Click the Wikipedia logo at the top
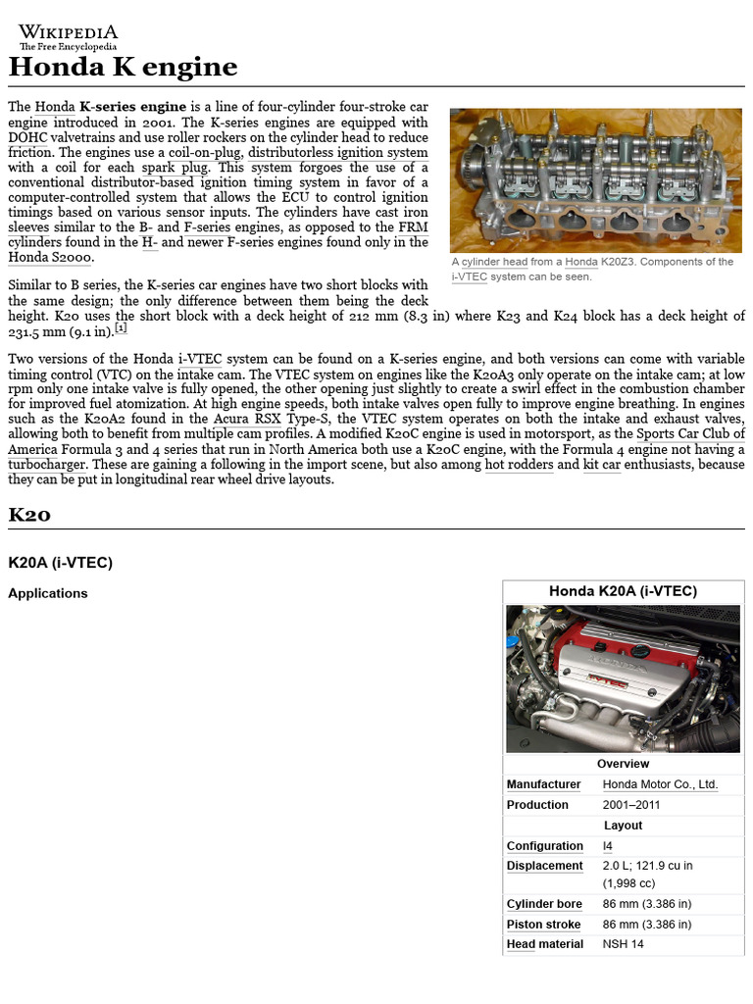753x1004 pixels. pos(68,36)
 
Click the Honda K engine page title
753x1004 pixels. pos(123,68)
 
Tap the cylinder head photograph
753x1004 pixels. pos(595,180)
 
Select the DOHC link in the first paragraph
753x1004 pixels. pos(27,138)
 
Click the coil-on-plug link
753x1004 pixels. pos(204,153)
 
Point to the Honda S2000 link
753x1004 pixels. pos(50,258)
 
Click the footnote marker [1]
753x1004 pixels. pos(121,328)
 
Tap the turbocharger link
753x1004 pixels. pos(46,465)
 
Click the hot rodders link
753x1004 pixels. pos(519,465)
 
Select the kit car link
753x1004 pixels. pos(602,465)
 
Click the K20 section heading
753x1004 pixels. pos(29,515)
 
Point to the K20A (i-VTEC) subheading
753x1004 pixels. pos(61,563)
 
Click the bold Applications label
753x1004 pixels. pos(48,593)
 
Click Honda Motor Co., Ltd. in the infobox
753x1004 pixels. pos(660,784)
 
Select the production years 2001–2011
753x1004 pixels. pos(631,805)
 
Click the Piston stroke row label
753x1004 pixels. pos(543,925)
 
